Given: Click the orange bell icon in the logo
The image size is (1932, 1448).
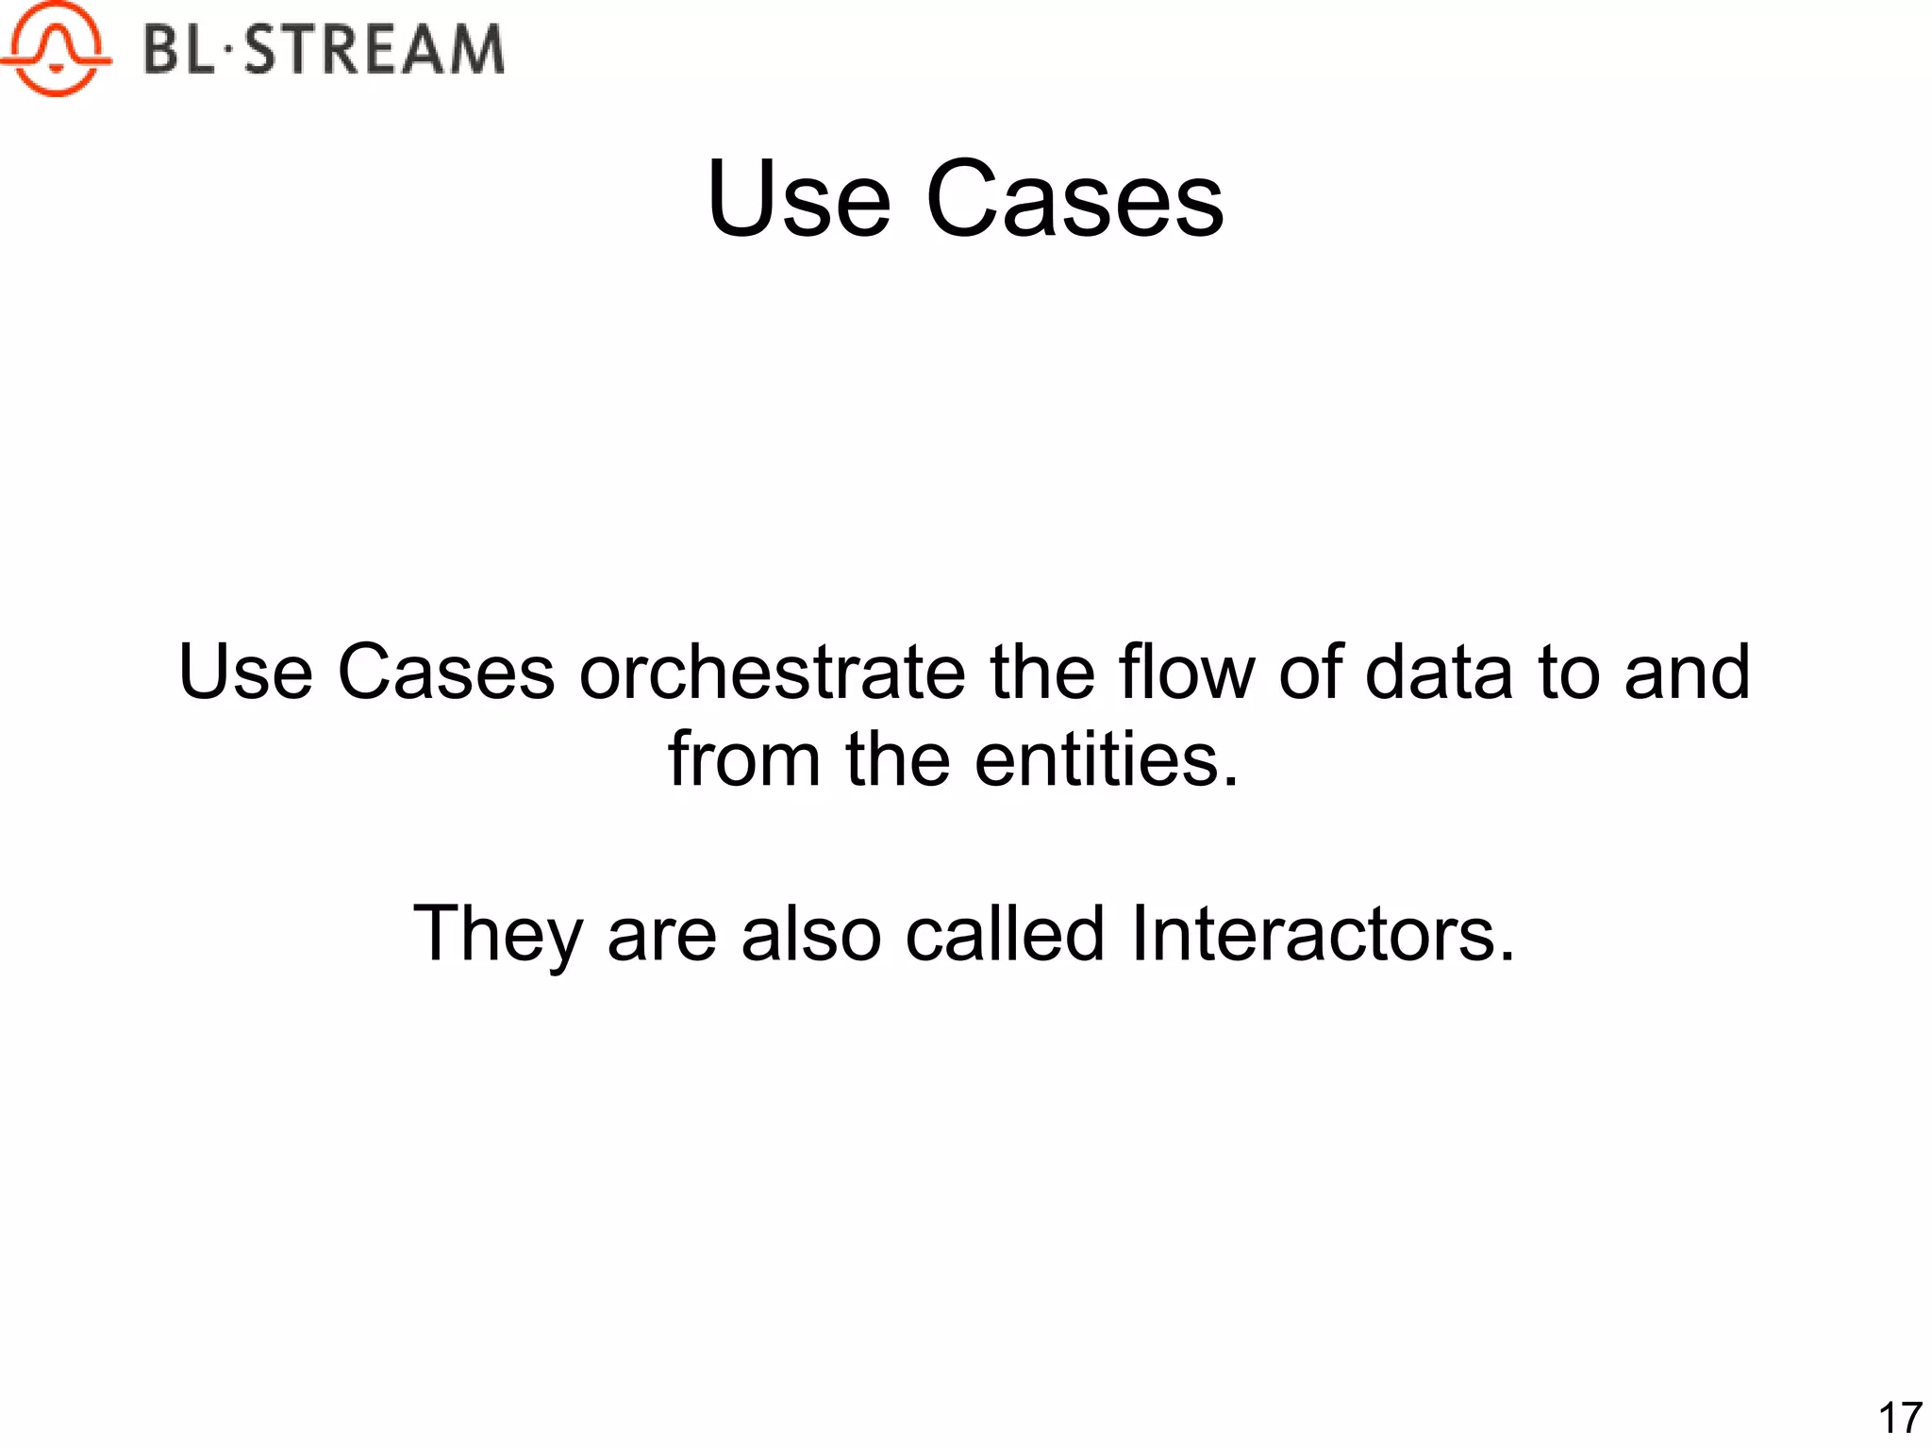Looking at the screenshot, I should [x=56, y=49].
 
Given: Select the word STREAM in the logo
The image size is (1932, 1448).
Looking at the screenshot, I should [x=375, y=50].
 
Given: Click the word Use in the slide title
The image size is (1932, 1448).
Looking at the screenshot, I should [x=798, y=200].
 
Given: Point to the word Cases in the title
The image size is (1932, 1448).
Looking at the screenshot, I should [x=1074, y=200].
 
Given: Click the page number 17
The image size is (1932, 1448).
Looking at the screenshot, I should [x=1899, y=1418].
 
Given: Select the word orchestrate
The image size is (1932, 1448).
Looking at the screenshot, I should [x=772, y=673].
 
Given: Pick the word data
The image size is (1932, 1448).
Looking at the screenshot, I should [x=1439, y=673].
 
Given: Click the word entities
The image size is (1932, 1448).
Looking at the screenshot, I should [x=1106, y=760].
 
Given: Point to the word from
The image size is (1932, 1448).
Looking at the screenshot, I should [x=744, y=760].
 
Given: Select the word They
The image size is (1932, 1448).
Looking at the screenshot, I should [x=497, y=935].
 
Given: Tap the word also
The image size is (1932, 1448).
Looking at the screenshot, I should [x=810, y=935].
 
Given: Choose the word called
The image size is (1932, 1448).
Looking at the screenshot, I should [x=1005, y=935].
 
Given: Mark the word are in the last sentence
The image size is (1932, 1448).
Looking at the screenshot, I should [x=661, y=935].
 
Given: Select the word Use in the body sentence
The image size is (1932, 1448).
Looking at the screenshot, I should [x=245, y=673].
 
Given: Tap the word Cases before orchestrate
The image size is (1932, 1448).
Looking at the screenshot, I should [x=446, y=673].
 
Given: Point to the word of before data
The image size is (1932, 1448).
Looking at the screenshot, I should [x=1309, y=673].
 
